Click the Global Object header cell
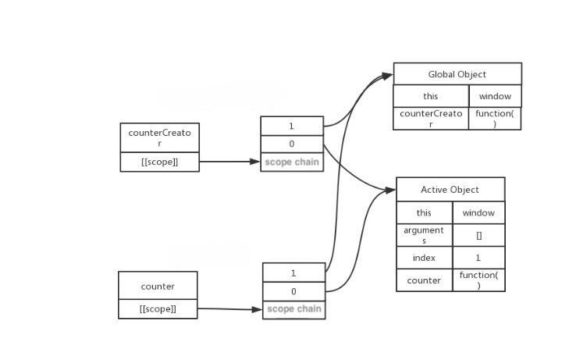click(457, 74)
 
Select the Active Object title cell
click(450, 190)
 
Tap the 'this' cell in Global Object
click(430, 96)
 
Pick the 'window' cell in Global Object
click(495, 96)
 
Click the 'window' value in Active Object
click(478, 212)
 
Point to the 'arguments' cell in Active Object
click(424, 235)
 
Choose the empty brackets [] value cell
click(478, 235)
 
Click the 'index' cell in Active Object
click(424, 258)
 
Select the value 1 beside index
click(478, 258)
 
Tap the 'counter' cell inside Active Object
click(424, 280)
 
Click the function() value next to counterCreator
click(495, 119)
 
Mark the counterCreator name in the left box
click(159, 138)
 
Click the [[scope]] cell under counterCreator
click(159, 162)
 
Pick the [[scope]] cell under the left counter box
click(158, 309)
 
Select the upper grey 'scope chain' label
click(292, 162)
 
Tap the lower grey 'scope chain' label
click(293, 309)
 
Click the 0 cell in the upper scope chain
click(292, 144)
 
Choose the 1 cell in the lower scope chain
click(293, 273)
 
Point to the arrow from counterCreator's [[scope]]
click(229, 162)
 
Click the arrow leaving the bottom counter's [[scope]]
click(229, 309)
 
